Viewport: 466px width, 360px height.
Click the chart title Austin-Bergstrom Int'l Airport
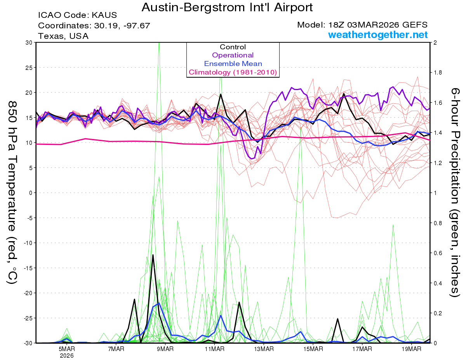(227, 7)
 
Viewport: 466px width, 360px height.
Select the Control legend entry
(233, 47)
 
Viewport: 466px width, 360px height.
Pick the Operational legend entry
(233, 55)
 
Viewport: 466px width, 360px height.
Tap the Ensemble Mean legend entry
(233, 64)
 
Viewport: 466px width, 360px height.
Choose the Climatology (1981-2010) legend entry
(233, 72)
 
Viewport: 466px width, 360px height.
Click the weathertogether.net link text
(378, 35)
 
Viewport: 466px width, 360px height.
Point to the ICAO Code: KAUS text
(77, 16)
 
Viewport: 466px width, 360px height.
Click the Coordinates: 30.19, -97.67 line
(94, 26)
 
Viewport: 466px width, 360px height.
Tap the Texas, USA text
(63, 36)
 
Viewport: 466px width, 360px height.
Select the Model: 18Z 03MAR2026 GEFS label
(362, 25)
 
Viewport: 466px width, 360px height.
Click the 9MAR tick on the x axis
(165, 349)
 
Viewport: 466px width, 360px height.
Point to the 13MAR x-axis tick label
(263, 349)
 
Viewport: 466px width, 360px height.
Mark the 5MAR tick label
(67, 349)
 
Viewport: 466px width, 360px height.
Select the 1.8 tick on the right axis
(438, 73)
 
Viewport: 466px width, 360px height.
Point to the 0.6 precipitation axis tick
(438, 253)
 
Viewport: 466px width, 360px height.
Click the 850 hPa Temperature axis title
(12, 192)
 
